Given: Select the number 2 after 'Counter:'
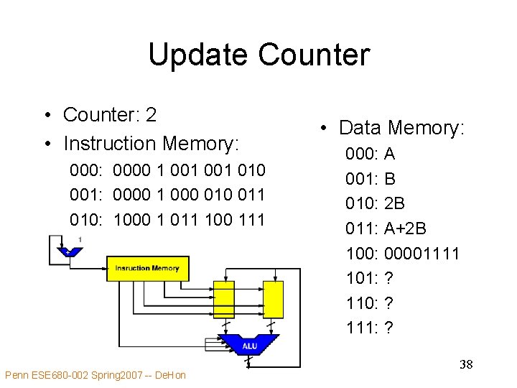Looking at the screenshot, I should (151, 114).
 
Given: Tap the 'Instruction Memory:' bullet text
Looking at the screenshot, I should (151, 144).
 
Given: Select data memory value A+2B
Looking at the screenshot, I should (406, 228).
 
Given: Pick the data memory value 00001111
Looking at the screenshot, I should (422, 254).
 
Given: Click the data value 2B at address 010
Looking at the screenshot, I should (395, 203).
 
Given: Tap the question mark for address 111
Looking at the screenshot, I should (388, 328).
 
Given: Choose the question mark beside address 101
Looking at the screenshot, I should (388, 279).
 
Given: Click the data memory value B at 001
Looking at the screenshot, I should (390, 178).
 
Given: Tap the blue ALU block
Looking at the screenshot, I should (248, 345).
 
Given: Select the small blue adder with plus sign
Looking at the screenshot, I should (68, 251).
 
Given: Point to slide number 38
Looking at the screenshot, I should (466, 365).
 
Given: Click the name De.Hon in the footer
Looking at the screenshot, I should (170, 375).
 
